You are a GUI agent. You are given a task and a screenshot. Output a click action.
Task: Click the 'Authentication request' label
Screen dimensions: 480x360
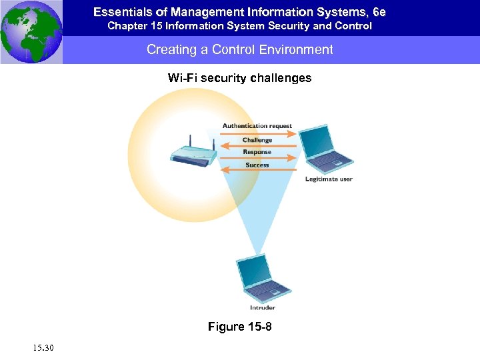coord(257,126)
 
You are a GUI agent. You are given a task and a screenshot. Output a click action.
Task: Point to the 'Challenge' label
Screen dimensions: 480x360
coord(257,140)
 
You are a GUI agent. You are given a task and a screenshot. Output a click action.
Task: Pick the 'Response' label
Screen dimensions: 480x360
coord(257,152)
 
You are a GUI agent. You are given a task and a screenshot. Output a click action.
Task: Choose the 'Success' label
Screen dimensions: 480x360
coord(257,165)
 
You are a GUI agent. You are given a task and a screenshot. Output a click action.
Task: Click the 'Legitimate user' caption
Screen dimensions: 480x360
coord(329,179)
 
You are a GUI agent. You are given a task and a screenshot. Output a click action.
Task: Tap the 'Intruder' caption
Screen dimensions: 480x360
coord(262,308)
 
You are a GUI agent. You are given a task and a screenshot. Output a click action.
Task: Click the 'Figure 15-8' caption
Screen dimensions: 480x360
coord(240,327)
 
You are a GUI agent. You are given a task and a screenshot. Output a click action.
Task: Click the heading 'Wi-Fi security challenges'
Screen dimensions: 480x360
coord(240,78)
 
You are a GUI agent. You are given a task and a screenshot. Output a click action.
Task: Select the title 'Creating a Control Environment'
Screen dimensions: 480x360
coord(240,50)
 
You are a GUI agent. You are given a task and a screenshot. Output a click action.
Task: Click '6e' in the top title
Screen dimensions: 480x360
coord(378,12)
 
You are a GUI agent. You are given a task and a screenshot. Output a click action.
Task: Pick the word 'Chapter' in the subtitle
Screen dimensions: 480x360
coord(127,26)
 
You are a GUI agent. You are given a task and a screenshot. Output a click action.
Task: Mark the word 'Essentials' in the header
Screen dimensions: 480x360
coord(119,12)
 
